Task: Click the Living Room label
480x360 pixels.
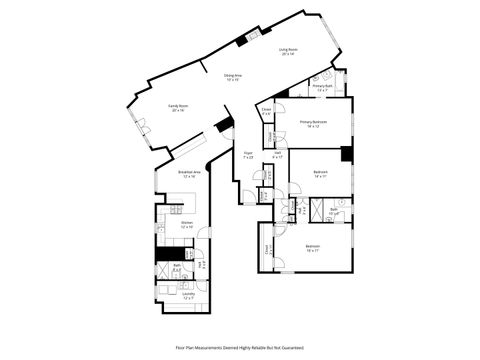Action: click(x=288, y=49)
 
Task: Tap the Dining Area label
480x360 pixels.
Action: click(x=232, y=75)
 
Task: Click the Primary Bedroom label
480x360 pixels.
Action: click(x=312, y=124)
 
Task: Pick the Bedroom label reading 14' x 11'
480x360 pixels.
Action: click(x=320, y=174)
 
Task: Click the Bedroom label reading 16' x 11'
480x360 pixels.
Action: click(x=313, y=248)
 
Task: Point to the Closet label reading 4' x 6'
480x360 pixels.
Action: click(x=266, y=113)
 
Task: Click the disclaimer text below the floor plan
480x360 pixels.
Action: click(x=239, y=347)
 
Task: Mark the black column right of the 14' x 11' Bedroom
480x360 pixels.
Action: click(x=346, y=154)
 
